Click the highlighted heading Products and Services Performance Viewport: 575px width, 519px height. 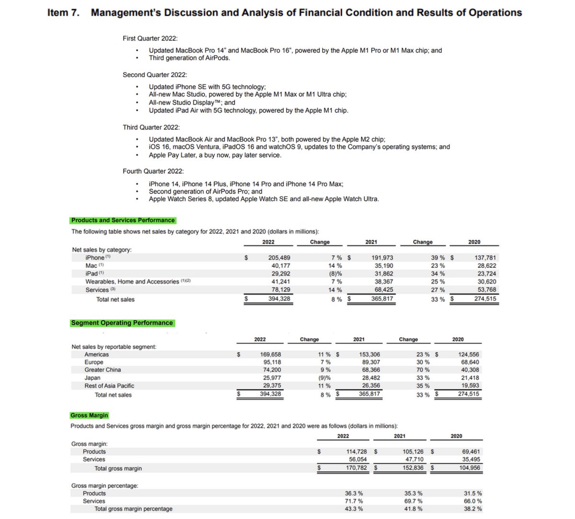click(123, 220)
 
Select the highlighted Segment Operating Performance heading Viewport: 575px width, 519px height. click(122, 323)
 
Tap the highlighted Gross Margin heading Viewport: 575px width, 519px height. click(89, 415)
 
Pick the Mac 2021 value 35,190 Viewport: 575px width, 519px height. click(382, 265)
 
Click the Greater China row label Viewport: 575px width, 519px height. click(103, 370)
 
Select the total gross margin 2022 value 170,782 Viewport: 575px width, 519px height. click(356, 468)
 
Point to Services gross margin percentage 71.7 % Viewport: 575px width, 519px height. click(354, 501)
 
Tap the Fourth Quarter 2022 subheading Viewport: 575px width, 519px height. click(153, 171)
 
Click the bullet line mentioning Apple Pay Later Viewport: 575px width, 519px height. click(215, 155)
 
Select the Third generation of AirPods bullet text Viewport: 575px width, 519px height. click(189, 58)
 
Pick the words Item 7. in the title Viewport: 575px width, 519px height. click(63, 13)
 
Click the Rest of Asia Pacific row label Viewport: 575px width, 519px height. click(109, 386)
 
